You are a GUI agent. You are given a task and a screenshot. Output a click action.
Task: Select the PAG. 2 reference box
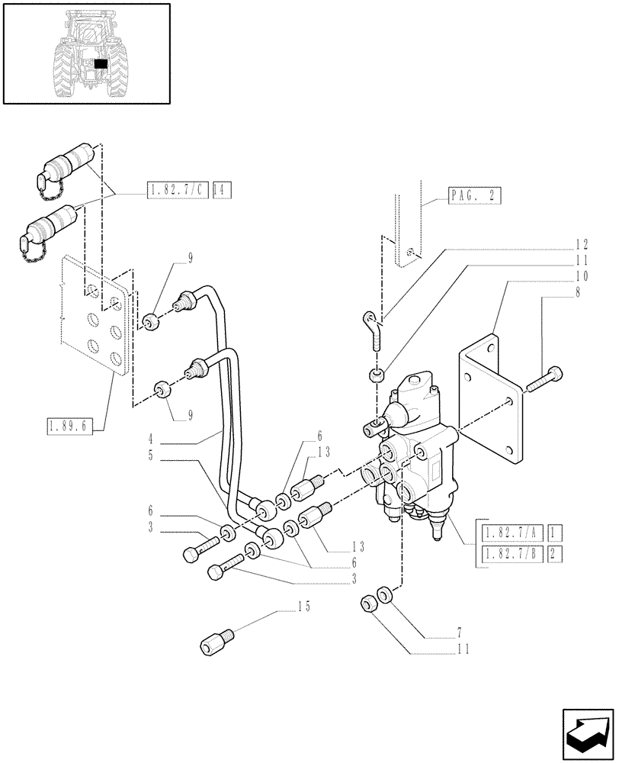pyautogui.click(x=472, y=196)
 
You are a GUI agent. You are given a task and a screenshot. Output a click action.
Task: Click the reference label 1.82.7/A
pyautogui.click(x=508, y=533)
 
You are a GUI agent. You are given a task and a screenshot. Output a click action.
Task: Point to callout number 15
pyautogui.click(x=304, y=608)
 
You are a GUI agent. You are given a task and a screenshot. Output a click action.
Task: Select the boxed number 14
pyautogui.click(x=222, y=189)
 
